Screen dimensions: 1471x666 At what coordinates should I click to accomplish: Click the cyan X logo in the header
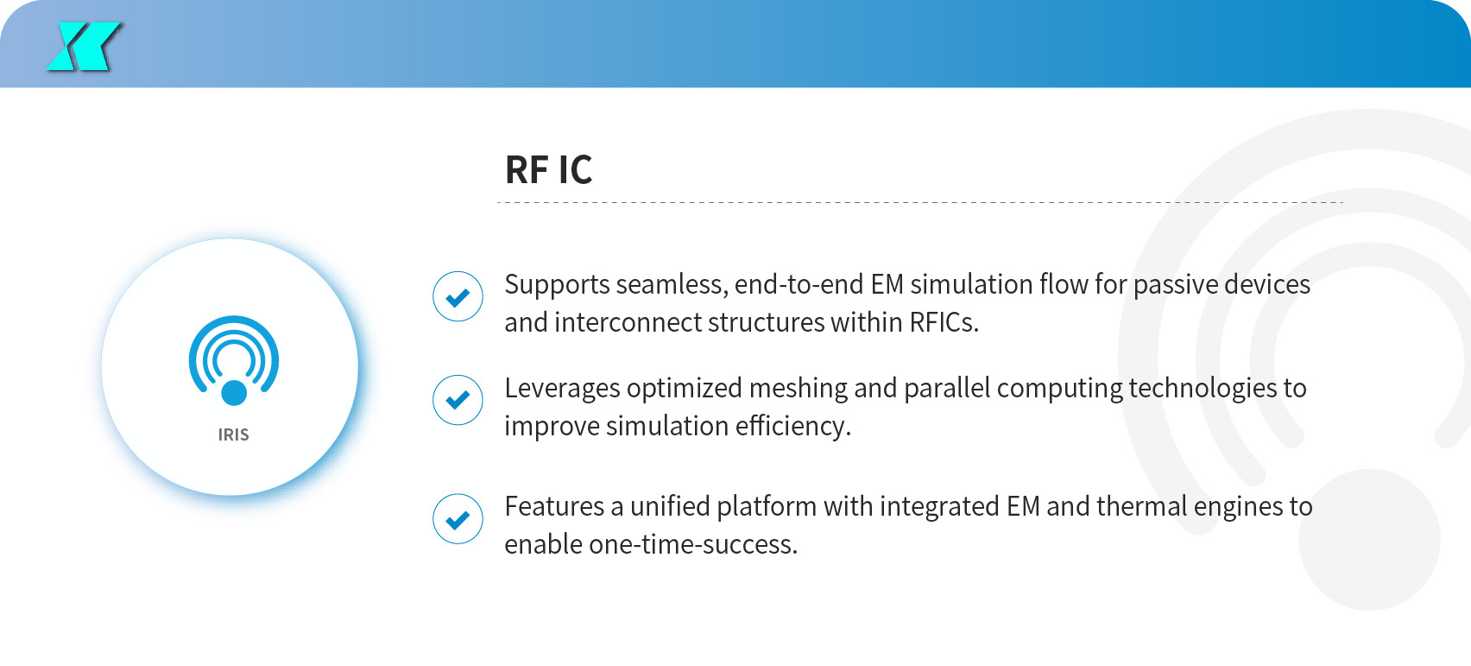(x=84, y=47)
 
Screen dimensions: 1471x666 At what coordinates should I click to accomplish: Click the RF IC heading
(x=548, y=169)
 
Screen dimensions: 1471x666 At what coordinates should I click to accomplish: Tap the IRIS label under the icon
(x=233, y=434)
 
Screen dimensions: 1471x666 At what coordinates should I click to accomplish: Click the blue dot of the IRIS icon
(x=234, y=393)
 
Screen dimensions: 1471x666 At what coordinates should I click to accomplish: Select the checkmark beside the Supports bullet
(x=458, y=296)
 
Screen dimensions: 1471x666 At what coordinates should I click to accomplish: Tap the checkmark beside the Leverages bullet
(x=458, y=400)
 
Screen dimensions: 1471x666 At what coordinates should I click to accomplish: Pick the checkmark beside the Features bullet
(x=458, y=519)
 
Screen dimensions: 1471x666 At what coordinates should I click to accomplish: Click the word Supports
(x=558, y=286)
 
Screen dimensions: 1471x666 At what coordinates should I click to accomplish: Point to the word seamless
(x=672, y=285)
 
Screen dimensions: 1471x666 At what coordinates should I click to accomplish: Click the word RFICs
(x=944, y=322)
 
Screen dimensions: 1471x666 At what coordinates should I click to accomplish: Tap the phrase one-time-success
(x=693, y=544)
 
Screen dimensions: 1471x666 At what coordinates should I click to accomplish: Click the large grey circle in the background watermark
(x=1369, y=540)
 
